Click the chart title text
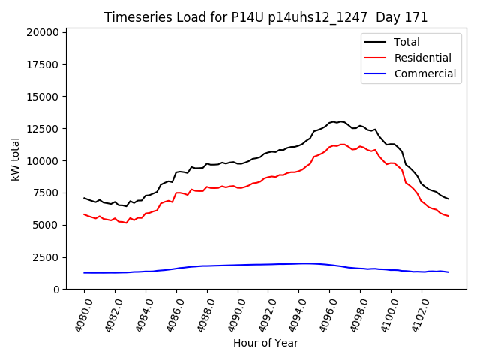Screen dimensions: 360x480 pos(265,17)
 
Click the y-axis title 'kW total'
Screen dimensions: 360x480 pos(16,159)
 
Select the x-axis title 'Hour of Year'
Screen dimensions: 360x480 pos(265,343)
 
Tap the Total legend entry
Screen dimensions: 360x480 pos(406,42)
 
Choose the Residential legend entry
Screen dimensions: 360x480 pos(423,58)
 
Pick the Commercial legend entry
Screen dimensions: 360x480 pos(424,73)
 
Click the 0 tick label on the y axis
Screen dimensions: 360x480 pos(56,289)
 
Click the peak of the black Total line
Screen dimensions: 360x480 pos(332,121)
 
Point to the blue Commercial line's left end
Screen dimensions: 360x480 pos(84,272)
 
